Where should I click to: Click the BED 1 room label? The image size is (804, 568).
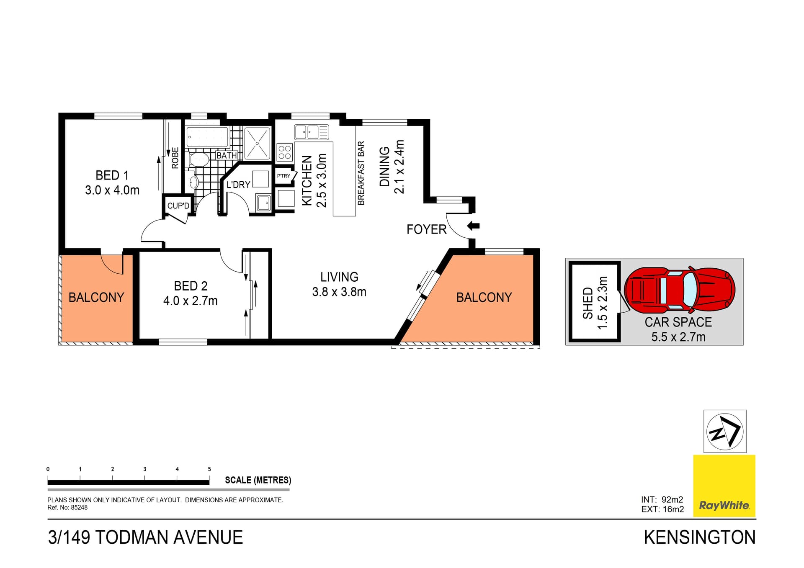click(112, 175)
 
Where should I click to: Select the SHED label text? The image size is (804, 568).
click(588, 303)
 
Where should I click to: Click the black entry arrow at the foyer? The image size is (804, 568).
click(473, 226)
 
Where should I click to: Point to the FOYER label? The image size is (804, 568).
click(426, 229)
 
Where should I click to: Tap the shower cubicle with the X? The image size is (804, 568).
click(257, 143)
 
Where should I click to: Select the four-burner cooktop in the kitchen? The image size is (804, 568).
click(285, 152)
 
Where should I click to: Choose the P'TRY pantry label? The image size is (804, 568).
click(283, 176)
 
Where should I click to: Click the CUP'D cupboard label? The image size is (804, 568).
click(178, 206)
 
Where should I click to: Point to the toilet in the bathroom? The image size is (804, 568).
click(199, 159)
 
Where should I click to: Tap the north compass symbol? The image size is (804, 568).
click(724, 432)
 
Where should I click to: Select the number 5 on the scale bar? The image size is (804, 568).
click(209, 469)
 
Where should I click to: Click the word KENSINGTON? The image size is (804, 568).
click(699, 537)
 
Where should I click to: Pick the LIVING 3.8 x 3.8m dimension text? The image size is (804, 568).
click(339, 292)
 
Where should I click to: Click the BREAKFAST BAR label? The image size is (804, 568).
click(361, 173)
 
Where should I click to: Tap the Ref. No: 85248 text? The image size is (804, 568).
click(67, 508)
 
